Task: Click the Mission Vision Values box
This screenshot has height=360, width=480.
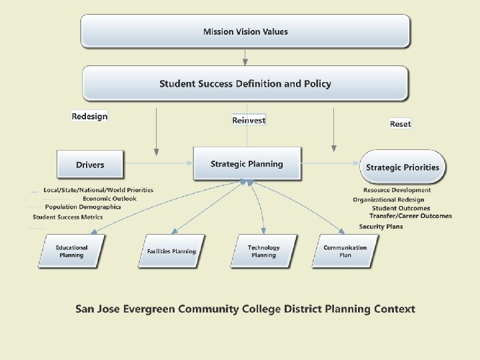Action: pos(245,31)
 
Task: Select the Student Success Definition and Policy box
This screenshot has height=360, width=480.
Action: pos(245,83)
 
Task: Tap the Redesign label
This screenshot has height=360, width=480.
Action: pos(89,116)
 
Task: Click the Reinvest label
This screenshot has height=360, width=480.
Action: pos(249,120)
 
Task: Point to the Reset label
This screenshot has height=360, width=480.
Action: pos(400,124)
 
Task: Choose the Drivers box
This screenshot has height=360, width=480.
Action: pos(90,165)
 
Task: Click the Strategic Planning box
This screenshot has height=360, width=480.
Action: pos(247,164)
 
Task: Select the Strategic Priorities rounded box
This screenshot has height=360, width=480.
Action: pos(403,167)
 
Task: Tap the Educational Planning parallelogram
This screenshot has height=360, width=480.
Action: pos(71,251)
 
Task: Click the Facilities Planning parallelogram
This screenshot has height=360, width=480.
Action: pos(171,251)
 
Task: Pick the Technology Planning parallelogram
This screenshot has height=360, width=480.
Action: pos(263,251)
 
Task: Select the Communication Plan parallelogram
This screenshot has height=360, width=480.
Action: pos(345,251)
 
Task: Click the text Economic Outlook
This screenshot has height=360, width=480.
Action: pos(109,199)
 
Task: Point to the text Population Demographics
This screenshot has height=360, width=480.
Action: pos(83,207)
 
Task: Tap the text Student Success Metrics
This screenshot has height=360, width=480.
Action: pos(68,217)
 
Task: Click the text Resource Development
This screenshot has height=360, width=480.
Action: pos(392,190)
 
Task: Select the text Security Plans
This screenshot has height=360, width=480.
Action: pos(381,227)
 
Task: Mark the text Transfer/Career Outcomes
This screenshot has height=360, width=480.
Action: pos(411,216)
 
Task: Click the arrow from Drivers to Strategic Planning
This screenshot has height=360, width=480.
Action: pos(159,164)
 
